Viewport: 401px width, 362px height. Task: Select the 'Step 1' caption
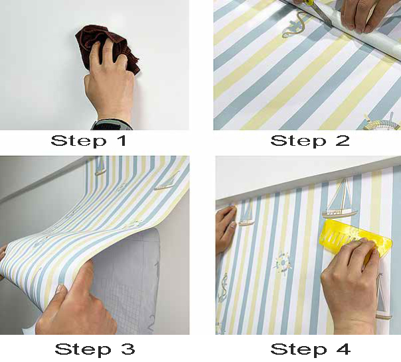[88, 141]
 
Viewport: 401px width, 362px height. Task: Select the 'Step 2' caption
[309, 141]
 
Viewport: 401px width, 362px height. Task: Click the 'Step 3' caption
[95, 349]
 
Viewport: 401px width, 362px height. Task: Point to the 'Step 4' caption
[310, 349]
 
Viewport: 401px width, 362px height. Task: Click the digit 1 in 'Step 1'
[122, 141]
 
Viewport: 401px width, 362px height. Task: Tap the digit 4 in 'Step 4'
[343, 349]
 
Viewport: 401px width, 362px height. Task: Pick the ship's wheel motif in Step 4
[283, 263]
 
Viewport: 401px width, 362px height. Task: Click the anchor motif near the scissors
[294, 26]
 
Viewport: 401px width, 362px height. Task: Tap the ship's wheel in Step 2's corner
[381, 123]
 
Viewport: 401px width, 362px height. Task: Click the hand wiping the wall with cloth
[110, 79]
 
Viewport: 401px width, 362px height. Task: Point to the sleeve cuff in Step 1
[112, 125]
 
